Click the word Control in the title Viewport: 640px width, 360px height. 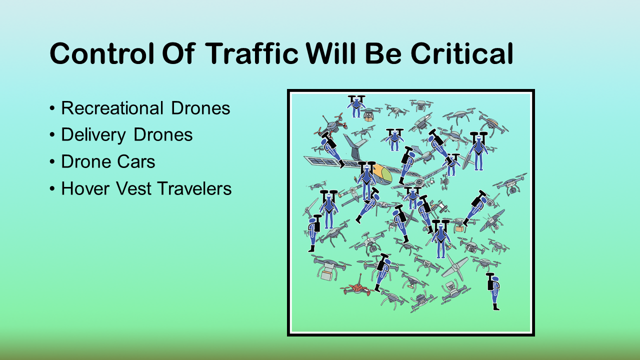(102, 53)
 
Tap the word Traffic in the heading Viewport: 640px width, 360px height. (251, 53)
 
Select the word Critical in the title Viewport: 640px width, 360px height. (462, 53)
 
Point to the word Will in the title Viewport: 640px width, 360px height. (331, 53)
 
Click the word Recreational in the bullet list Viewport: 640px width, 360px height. (112, 108)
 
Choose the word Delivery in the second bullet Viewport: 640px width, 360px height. (93, 135)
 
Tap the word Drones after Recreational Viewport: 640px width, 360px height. (200, 108)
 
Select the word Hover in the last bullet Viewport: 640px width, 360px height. (85, 188)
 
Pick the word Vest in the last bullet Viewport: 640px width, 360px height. (133, 188)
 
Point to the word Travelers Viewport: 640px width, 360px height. (194, 188)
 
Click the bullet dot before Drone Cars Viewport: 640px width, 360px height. (52, 162)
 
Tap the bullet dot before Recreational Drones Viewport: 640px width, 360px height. (52, 108)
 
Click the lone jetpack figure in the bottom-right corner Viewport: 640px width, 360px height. (493, 291)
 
